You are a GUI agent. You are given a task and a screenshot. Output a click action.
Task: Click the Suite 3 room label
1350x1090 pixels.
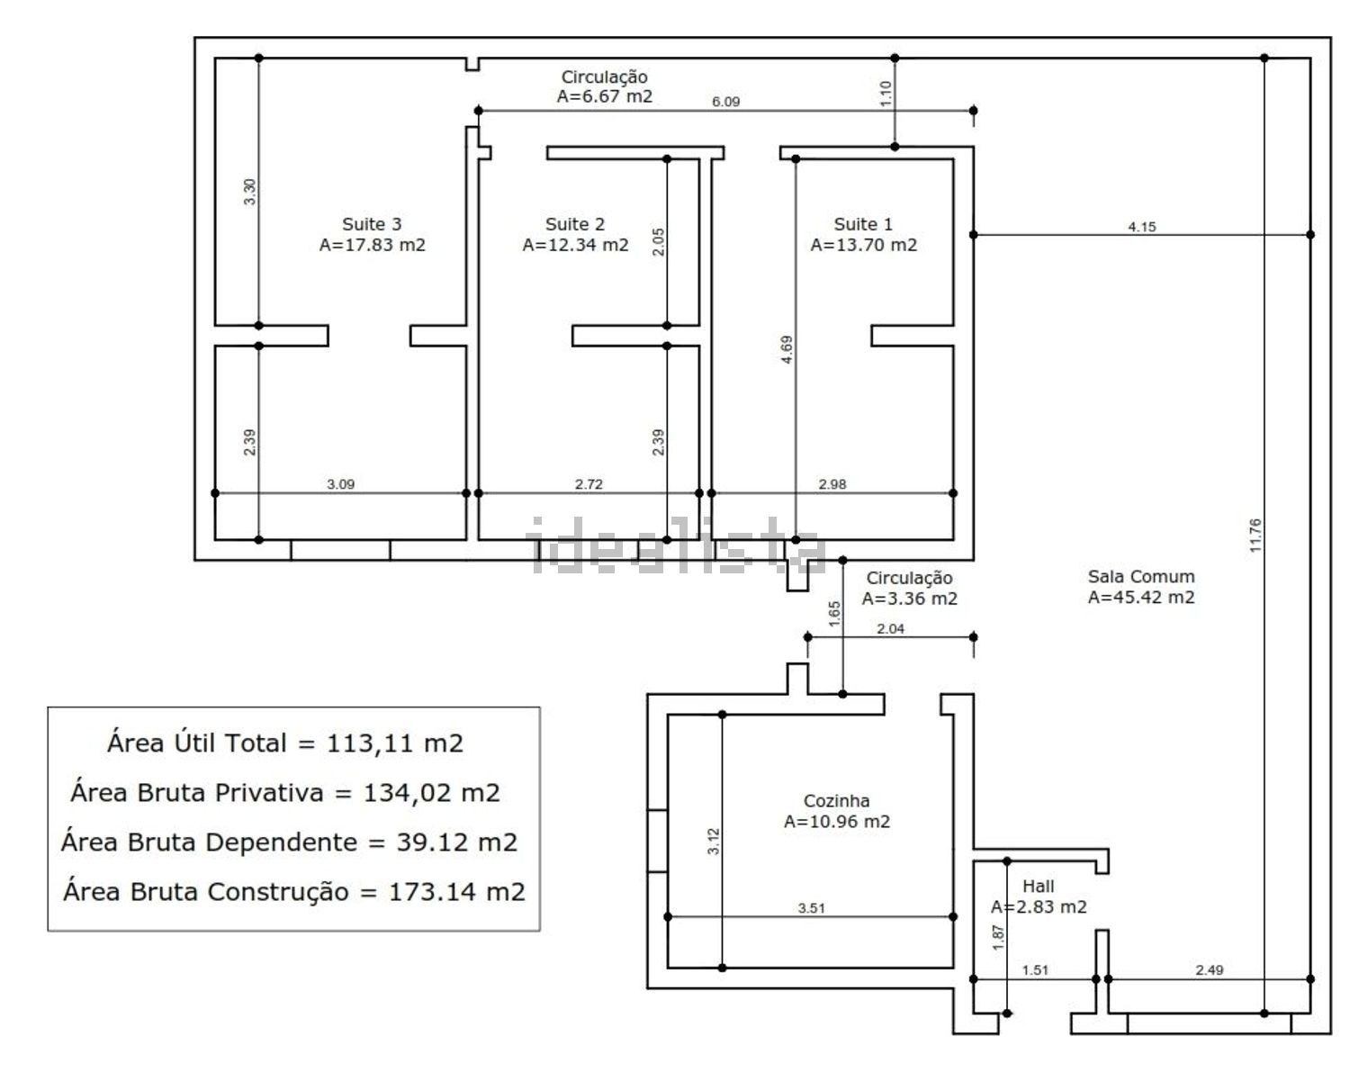pos(372,224)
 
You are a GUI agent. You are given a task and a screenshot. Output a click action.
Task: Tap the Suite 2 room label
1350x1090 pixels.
pos(575,224)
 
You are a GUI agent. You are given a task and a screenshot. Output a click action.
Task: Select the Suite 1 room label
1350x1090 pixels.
pos(862,224)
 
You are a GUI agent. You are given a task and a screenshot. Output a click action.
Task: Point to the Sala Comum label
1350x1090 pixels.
pos(1141,576)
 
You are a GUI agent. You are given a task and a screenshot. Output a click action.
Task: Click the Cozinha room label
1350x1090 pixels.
pos(836,800)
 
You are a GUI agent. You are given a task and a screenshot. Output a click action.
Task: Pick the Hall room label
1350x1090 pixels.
pos(1039,886)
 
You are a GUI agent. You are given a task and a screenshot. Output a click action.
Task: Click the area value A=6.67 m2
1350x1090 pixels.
pos(604,96)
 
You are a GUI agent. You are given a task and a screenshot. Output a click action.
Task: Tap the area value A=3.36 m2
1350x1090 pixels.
pos(909,598)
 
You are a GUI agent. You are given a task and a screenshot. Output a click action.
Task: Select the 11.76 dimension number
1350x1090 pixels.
pos(1255,535)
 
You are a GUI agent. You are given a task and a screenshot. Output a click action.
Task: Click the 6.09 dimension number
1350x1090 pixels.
pos(725,102)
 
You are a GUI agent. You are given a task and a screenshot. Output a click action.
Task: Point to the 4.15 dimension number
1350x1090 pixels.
pos(1141,226)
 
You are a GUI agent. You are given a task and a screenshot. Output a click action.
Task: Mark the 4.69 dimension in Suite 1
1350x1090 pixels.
pos(786,349)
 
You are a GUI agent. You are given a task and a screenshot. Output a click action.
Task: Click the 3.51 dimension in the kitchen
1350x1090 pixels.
pos(811,907)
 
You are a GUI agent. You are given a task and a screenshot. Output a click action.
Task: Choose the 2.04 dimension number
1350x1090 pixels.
pos(890,628)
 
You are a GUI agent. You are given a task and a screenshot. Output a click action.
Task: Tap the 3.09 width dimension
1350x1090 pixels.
pos(340,483)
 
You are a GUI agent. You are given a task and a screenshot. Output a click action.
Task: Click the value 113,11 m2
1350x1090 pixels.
pos(394,743)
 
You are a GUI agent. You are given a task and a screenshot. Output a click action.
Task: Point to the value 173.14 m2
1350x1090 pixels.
pos(456,891)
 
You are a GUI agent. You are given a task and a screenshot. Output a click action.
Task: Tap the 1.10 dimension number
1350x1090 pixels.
pos(886,94)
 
